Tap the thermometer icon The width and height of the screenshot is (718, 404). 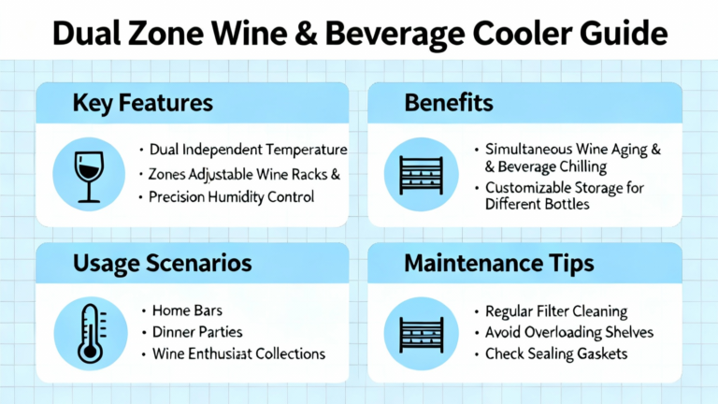click(x=91, y=334)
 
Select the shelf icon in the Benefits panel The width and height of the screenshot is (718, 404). click(x=422, y=176)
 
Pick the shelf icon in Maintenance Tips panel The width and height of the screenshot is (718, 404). click(x=422, y=335)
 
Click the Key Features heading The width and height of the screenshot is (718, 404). click(x=142, y=103)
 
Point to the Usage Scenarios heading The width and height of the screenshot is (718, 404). click(x=162, y=263)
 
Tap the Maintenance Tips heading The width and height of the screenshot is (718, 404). click(x=499, y=264)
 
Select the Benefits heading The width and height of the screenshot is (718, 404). click(x=449, y=103)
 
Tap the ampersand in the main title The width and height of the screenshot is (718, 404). click(x=306, y=34)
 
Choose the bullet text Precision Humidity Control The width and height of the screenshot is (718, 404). click(x=231, y=197)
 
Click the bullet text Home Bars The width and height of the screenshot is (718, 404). click(x=187, y=310)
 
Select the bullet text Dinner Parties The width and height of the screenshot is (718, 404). click(x=197, y=332)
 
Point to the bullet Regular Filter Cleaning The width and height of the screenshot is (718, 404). click(x=556, y=311)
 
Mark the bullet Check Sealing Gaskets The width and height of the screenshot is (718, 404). click(x=556, y=353)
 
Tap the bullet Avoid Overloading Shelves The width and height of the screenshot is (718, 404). click(x=569, y=332)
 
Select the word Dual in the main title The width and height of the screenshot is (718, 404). click(x=87, y=34)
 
